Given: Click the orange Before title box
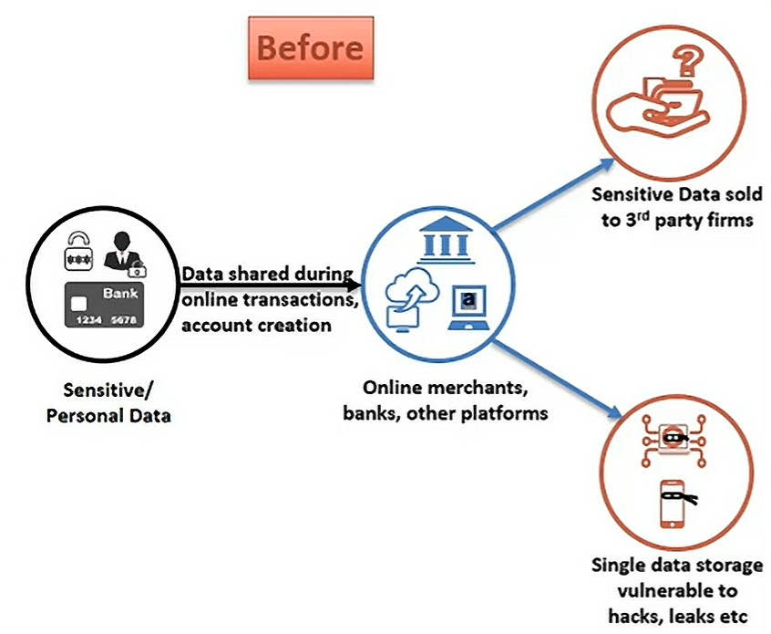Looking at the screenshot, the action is [x=311, y=47].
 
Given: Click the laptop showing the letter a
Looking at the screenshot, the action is [x=468, y=307].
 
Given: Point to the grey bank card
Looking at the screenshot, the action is [x=104, y=305].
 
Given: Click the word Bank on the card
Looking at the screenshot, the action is [x=120, y=294].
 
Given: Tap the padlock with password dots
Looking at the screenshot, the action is [x=78, y=252].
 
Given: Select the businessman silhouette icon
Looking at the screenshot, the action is [x=122, y=253].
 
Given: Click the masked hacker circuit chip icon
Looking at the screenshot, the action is [x=673, y=440].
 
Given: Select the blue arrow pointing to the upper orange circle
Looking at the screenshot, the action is [x=554, y=194].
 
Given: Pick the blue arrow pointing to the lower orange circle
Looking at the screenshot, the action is [x=558, y=379].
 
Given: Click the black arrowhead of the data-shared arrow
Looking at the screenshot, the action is [x=355, y=285].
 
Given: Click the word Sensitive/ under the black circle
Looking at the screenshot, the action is [x=108, y=390].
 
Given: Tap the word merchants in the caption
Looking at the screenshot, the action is [x=477, y=388].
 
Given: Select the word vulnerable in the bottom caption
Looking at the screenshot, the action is [x=677, y=591].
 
